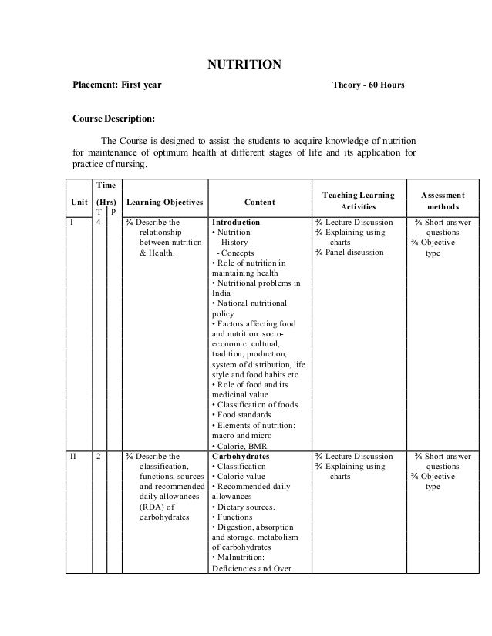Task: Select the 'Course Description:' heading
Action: coord(113,120)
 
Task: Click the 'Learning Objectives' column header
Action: coord(164,203)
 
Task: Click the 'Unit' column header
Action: coord(78,203)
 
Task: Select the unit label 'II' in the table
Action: coord(73,457)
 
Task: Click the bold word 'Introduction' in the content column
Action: coord(236,223)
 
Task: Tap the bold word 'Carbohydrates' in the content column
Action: coord(240,457)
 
